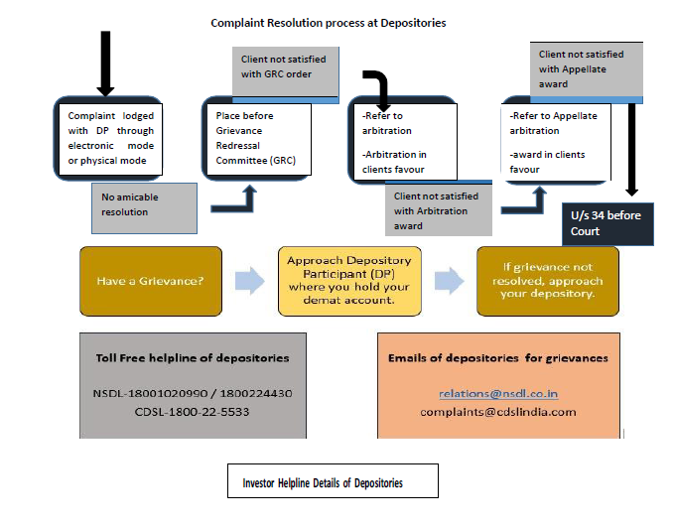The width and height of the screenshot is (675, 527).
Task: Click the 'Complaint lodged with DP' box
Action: pos(105,138)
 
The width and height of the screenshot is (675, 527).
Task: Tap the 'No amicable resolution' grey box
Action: pos(142,205)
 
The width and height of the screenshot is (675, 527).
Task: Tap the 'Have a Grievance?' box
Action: pos(152,281)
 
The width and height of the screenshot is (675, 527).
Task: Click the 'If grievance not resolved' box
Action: pos(547,281)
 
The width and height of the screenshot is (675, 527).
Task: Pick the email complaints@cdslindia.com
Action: pos(497,411)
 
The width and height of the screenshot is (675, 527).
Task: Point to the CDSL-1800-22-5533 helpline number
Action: pos(180,411)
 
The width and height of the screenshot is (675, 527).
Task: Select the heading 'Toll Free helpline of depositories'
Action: pos(180,357)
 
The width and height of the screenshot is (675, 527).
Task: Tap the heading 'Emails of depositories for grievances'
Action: pos(498,357)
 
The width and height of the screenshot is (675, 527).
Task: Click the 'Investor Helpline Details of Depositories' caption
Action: pos(325,483)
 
